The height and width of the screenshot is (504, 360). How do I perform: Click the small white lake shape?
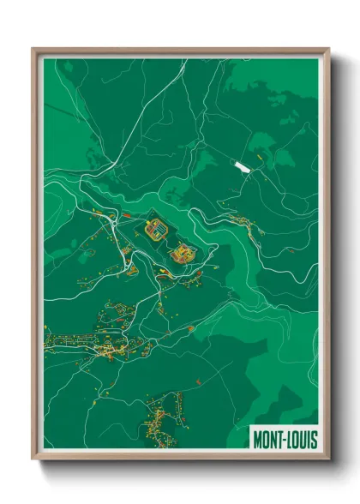pyautogui.click(x=243, y=167)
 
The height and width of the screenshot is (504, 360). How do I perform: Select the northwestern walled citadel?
pyautogui.click(x=157, y=230)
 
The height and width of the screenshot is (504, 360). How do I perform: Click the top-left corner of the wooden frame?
pyautogui.click(x=33, y=50)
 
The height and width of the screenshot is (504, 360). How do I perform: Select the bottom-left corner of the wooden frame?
pyautogui.click(x=33, y=459)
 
